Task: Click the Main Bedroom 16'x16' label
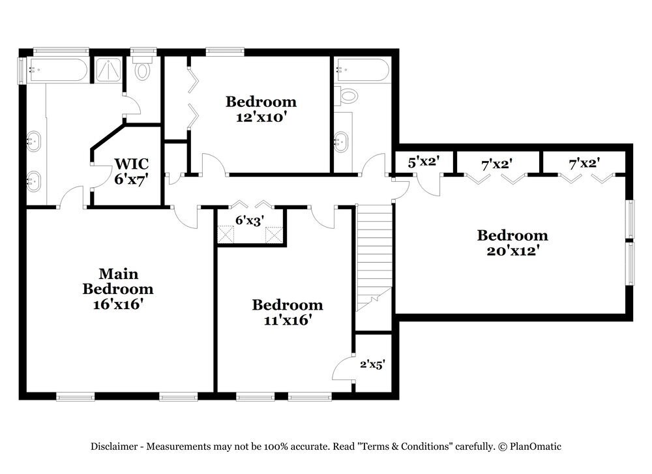(118, 289)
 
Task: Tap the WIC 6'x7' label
(132, 171)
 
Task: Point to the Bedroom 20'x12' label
(512, 243)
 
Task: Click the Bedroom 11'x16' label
(288, 312)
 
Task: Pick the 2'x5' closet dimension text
(372, 365)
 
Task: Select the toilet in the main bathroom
(143, 69)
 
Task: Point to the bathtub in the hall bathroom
(362, 70)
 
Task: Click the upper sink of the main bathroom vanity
(33, 139)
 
